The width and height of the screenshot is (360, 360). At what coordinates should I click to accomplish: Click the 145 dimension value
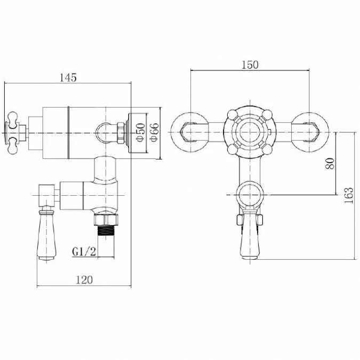[68, 77]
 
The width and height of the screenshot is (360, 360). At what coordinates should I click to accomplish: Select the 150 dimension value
[250, 65]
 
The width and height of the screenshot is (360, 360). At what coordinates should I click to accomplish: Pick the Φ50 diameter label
[140, 132]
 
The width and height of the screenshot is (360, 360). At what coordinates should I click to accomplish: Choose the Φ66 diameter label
[154, 132]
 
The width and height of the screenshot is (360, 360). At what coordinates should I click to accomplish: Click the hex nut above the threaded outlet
[106, 220]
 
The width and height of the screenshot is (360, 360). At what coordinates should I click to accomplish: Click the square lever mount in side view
[47, 195]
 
